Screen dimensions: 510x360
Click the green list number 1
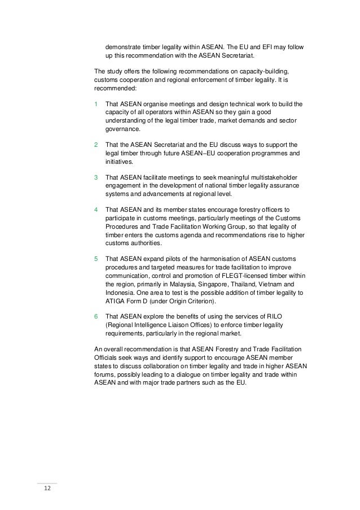click(96, 104)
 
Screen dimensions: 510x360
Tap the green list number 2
click(96, 145)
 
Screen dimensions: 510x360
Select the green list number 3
click(96, 177)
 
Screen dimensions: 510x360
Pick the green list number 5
click(96, 259)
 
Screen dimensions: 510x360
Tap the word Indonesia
click(120, 293)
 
